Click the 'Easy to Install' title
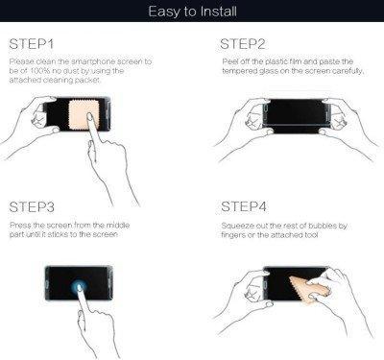[x=192, y=12]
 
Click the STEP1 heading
[x=32, y=44]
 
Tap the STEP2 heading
[x=243, y=44]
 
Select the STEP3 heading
[x=32, y=207]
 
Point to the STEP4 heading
[x=244, y=206]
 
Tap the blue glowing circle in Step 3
[x=79, y=285]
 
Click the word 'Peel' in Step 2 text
[x=229, y=61]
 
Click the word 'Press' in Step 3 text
[x=20, y=226]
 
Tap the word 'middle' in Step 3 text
[x=118, y=226]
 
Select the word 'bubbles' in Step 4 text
[x=323, y=226]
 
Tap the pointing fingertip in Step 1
[x=90, y=118]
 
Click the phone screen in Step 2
[x=295, y=112]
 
